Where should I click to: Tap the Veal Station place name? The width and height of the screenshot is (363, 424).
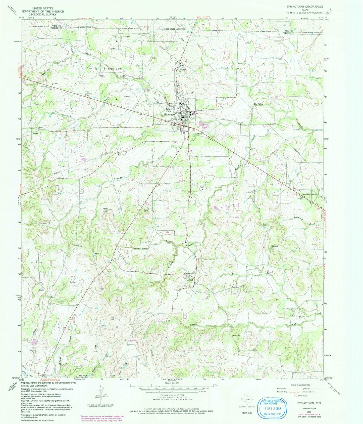[x=189, y=274]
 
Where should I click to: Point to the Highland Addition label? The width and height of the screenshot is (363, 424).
[x=309, y=195]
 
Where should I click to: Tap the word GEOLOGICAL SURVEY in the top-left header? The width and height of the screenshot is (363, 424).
[x=43, y=15]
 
